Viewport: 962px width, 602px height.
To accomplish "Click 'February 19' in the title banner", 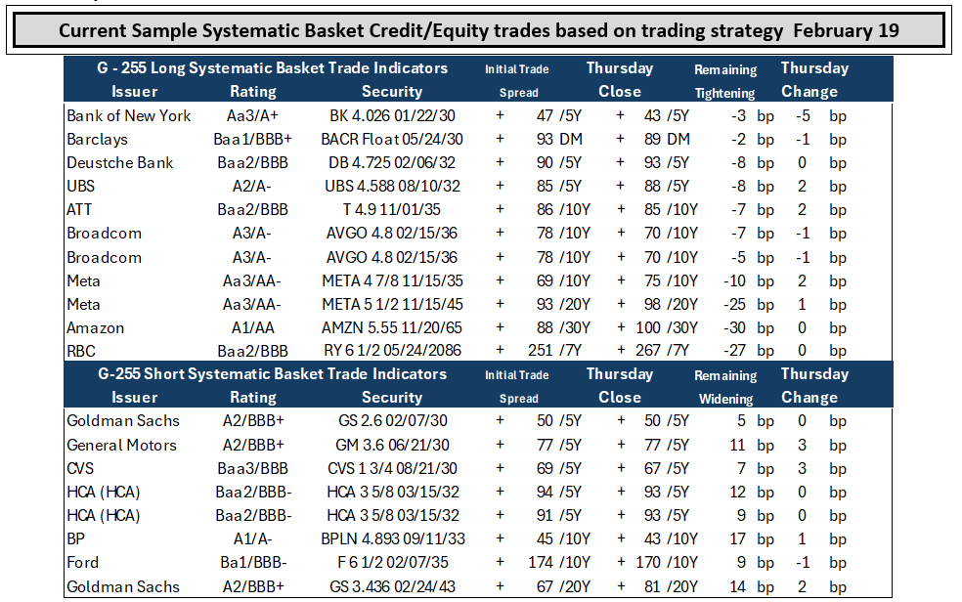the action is [x=846, y=30].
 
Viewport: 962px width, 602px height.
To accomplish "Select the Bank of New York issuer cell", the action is [x=128, y=116].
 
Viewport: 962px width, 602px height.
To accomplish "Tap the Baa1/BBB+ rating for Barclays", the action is [x=253, y=139].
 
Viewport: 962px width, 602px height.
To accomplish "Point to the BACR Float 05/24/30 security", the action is [x=392, y=139].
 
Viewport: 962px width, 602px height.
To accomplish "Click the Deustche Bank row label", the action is [x=119, y=162].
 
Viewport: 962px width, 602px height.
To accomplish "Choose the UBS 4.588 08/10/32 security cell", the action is [x=392, y=187].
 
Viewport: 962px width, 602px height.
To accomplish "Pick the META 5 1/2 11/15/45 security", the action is [x=392, y=304].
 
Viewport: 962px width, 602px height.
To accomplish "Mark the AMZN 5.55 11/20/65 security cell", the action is [x=392, y=328].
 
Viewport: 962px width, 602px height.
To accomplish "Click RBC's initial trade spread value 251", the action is [x=540, y=351].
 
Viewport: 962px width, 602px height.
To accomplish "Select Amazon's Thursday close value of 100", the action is [x=648, y=328].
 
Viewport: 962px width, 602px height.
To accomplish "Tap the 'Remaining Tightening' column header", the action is [x=725, y=81].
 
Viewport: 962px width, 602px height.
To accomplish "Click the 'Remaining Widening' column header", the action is [x=725, y=387].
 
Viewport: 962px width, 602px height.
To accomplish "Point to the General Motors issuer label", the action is [x=121, y=445].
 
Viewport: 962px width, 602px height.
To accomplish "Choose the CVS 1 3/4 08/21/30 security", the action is [x=392, y=468].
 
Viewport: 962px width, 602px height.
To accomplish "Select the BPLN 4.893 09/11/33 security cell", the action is [x=393, y=538].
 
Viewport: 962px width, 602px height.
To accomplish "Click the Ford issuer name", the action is [x=82, y=562].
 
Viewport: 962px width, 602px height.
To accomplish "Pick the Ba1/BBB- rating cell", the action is [x=253, y=562].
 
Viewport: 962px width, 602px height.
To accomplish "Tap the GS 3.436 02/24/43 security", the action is [x=392, y=586].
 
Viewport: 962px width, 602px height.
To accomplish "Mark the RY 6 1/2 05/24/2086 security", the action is [x=392, y=351].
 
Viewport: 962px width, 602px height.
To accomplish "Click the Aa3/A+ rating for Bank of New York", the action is [x=253, y=116].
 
